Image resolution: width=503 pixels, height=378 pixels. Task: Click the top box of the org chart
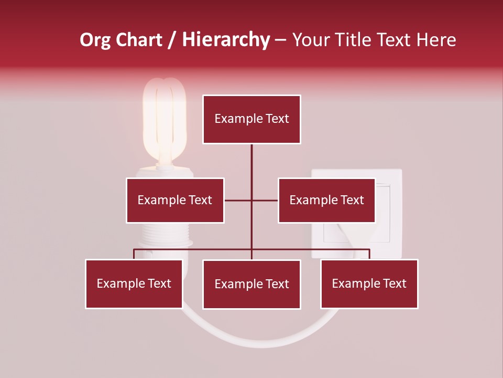coord(251,119)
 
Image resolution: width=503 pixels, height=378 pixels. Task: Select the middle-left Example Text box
coord(175,200)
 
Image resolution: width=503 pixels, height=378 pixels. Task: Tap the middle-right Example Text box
coord(326,200)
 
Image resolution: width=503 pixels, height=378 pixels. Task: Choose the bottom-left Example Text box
coord(134,283)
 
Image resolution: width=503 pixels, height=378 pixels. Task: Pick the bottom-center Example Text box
coord(251,284)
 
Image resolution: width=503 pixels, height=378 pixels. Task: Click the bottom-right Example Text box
coord(369,283)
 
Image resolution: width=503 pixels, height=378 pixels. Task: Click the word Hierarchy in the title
coord(226,40)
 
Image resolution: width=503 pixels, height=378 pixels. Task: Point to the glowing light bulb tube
coord(165,118)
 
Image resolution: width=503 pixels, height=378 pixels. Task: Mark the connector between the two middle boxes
coord(251,200)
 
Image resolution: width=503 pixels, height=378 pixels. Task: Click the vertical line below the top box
coord(251,163)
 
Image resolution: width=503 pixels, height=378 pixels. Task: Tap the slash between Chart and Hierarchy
coord(172,40)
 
